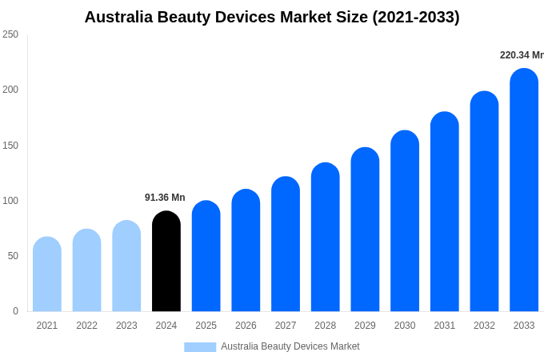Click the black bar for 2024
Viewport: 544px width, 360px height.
[166, 262]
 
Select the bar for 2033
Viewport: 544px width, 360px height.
[524, 192]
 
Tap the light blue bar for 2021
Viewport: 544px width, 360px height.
[47, 275]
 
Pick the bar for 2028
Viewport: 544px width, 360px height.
[326, 238]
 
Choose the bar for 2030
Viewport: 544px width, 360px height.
[405, 222]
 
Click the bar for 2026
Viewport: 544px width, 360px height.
[246, 251]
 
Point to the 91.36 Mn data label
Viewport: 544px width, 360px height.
[165, 198]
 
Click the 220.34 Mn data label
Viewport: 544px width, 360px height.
[521, 55]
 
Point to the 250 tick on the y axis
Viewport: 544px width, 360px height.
[10, 34]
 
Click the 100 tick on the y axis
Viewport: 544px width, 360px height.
[10, 201]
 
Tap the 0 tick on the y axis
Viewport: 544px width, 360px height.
[15, 311]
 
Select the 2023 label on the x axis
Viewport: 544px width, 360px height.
[126, 326]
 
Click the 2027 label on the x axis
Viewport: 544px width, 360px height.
[286, 326]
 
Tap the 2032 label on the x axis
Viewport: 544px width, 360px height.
[484, 326]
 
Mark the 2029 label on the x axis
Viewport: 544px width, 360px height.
[365, 326]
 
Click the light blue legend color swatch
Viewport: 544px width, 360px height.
[200, 347]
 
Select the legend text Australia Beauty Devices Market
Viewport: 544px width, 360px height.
[290, 346]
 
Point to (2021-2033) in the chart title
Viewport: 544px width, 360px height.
[416, 17]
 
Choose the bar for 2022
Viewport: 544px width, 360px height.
[87, 271]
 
